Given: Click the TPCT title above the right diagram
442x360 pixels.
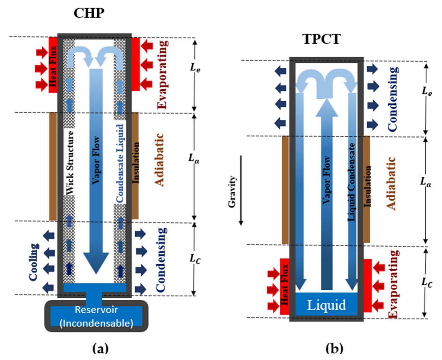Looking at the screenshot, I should pos(321,39).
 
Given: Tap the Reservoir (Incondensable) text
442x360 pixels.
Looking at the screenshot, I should pos(96,316).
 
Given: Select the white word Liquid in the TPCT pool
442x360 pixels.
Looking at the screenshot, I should pos(326,304).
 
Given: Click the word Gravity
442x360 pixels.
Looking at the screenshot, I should pos(232,192).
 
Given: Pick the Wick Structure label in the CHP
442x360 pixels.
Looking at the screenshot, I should pos(70,163).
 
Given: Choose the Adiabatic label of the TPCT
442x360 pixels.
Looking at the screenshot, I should pos(391,183).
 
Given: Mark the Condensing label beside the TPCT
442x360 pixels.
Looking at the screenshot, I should pos(393,99).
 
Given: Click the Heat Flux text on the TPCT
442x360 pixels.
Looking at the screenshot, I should pos(285,285).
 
